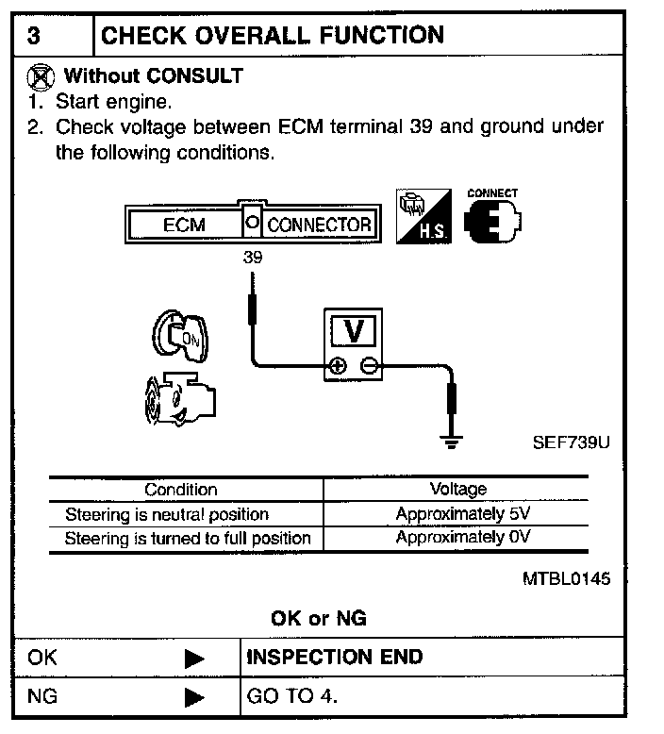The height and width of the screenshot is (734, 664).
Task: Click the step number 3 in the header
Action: pyautogui.click(x=34, y=37)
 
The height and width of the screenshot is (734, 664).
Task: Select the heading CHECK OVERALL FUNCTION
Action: pyautogui.click(x=272, y=36)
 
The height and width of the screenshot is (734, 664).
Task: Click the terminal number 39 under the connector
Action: pyautogui.click(x=252, y=256)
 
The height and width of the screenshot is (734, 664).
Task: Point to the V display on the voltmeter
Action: pyautogui.click(x=355, y=330)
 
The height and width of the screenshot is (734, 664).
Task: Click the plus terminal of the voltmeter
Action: pyautogui.click(x=339, y=366)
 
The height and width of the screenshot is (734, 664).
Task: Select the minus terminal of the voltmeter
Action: pyautogui.click(x=370, y=366)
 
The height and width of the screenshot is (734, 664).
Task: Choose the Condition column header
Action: pyautogui.click(x=180, y=490)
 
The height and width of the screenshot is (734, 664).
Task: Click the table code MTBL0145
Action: pyautogui.click(x=566, y=578)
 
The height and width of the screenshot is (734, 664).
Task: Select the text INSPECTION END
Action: pyautogui.click(x=335, y=657)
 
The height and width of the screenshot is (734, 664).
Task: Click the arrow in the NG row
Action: pyautogui.click(x=194, y=698)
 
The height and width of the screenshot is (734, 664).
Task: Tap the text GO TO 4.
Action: pyautogui.click(x=291, y=697)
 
